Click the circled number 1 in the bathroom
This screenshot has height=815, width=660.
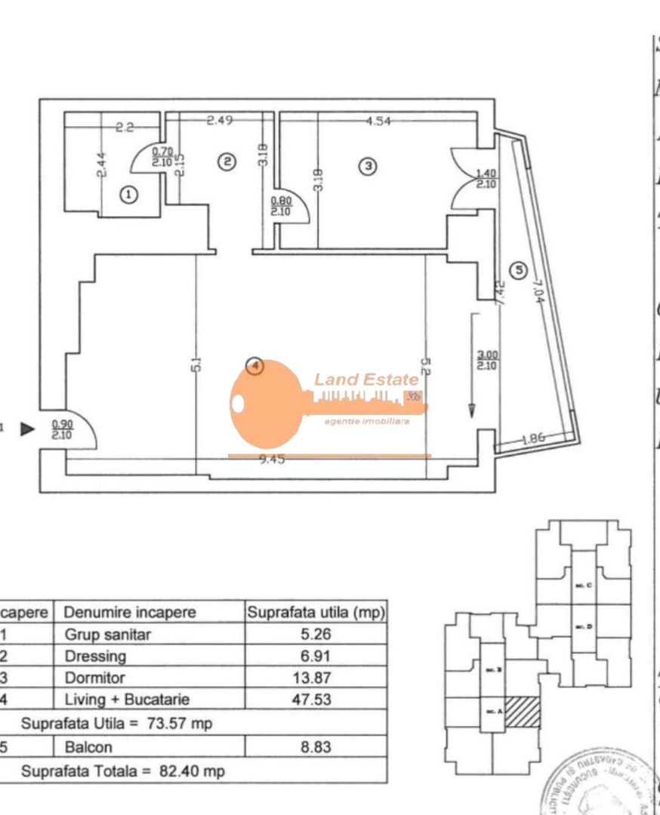[x=130, y=195]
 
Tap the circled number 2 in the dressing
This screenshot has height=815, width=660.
[x=227, y=161]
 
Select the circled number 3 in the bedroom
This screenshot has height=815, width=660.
[x=368, y=166]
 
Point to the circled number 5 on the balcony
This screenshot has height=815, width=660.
[x=517, y=269]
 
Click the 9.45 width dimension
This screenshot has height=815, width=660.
[x=272, y=460]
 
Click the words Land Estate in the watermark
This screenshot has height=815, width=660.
[x=366, y=380]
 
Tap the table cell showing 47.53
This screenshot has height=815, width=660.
[x=311, y=700]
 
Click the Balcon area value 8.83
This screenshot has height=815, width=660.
[x=311, y=748]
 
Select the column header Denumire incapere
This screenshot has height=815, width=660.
[x=130, y=612]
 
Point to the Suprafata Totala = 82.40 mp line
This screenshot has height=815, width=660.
[x=123, y=771]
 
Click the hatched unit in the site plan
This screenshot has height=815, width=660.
[x=523, y=711]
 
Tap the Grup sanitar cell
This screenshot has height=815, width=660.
[x=108, y=635]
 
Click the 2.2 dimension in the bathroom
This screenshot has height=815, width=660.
[x=124, y=128]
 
